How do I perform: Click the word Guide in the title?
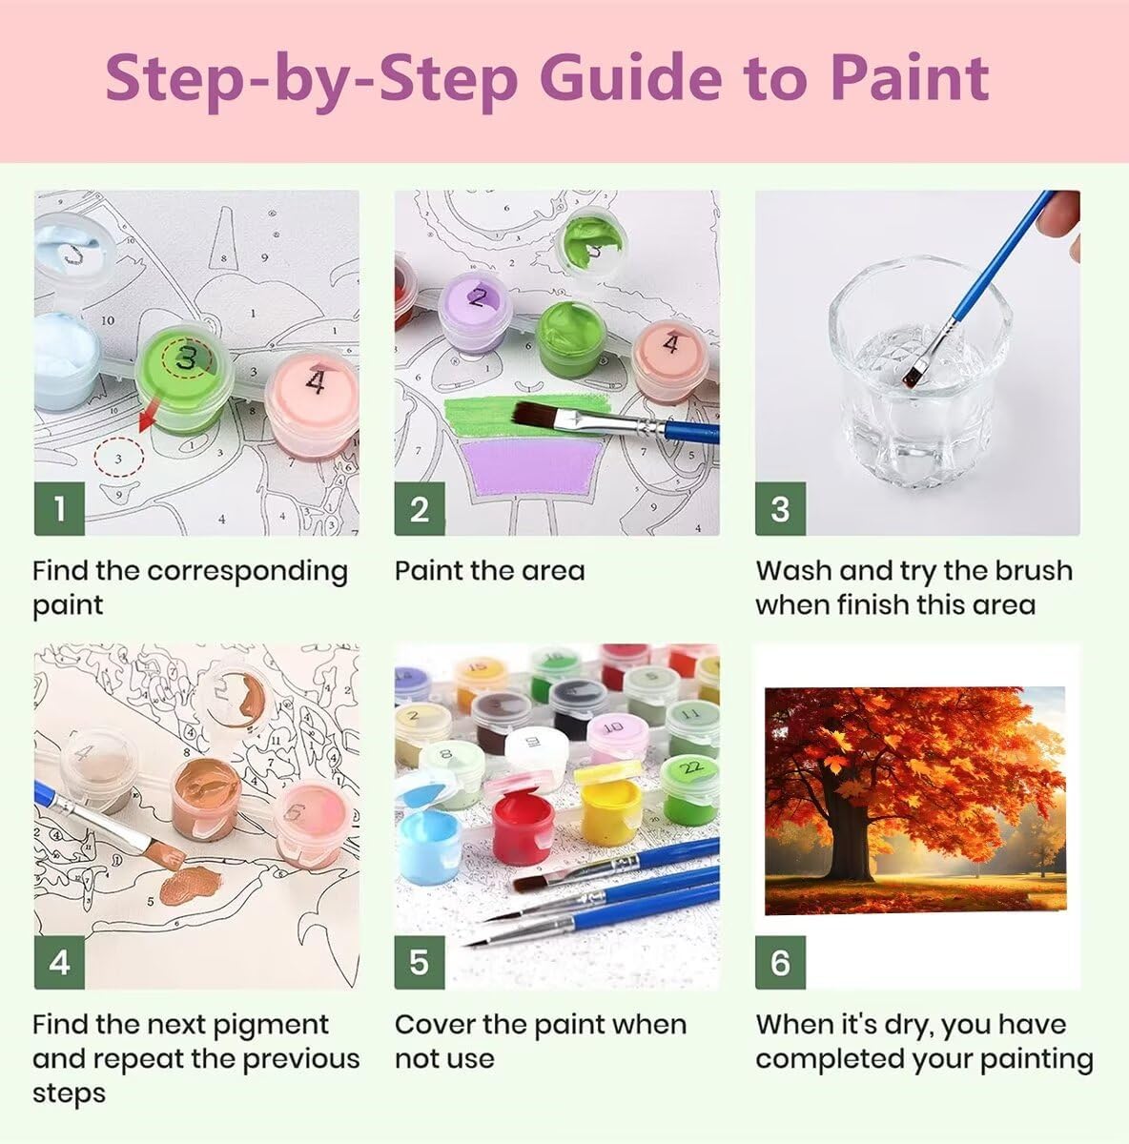click(x=630, y=78)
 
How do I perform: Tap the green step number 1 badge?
click(x=59, y=509)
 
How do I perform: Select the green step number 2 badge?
click(x=420, y=509)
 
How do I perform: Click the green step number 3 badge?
click(x=780, y=509)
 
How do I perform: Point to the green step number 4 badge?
click(x=59, y=962)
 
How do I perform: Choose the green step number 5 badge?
click(x=420, y=962)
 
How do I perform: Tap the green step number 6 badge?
click(x=780, y=962)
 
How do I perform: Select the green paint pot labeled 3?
click(x=183, y=378)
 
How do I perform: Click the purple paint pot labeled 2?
click(x=475, y=312)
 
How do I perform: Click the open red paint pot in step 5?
click(x=523, y=826)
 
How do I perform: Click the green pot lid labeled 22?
click(x=689, y=769)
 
